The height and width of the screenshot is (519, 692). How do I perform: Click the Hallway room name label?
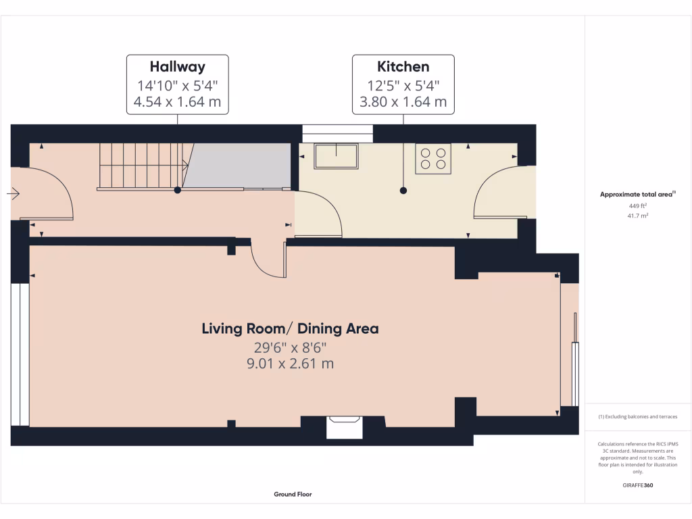(x=177, y=66)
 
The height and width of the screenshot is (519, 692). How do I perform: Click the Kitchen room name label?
(x=403, y=66)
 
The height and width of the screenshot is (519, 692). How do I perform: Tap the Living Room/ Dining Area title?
(x=290, y=329)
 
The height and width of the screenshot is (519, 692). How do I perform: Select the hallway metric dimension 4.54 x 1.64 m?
(x=177, y=103)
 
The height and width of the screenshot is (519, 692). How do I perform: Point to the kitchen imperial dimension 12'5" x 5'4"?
(x=403, y=85)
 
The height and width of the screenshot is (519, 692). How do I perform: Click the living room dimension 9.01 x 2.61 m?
(x=290, y=364)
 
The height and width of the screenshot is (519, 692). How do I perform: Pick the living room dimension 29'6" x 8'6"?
(x=290, y=347)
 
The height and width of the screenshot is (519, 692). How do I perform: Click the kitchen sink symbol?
(x=337, y=157)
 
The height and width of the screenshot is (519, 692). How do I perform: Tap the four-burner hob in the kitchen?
(x=433, y=159)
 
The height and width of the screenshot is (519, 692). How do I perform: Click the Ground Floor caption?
(x=293, y=494)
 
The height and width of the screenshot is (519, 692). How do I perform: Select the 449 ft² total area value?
(x=638, y=206)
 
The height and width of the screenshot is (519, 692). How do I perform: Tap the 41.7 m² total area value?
(x=638, y=216)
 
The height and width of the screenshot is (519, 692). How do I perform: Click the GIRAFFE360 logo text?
(x=638, y=485)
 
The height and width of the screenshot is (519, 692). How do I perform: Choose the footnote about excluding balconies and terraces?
(x=638, y=417)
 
